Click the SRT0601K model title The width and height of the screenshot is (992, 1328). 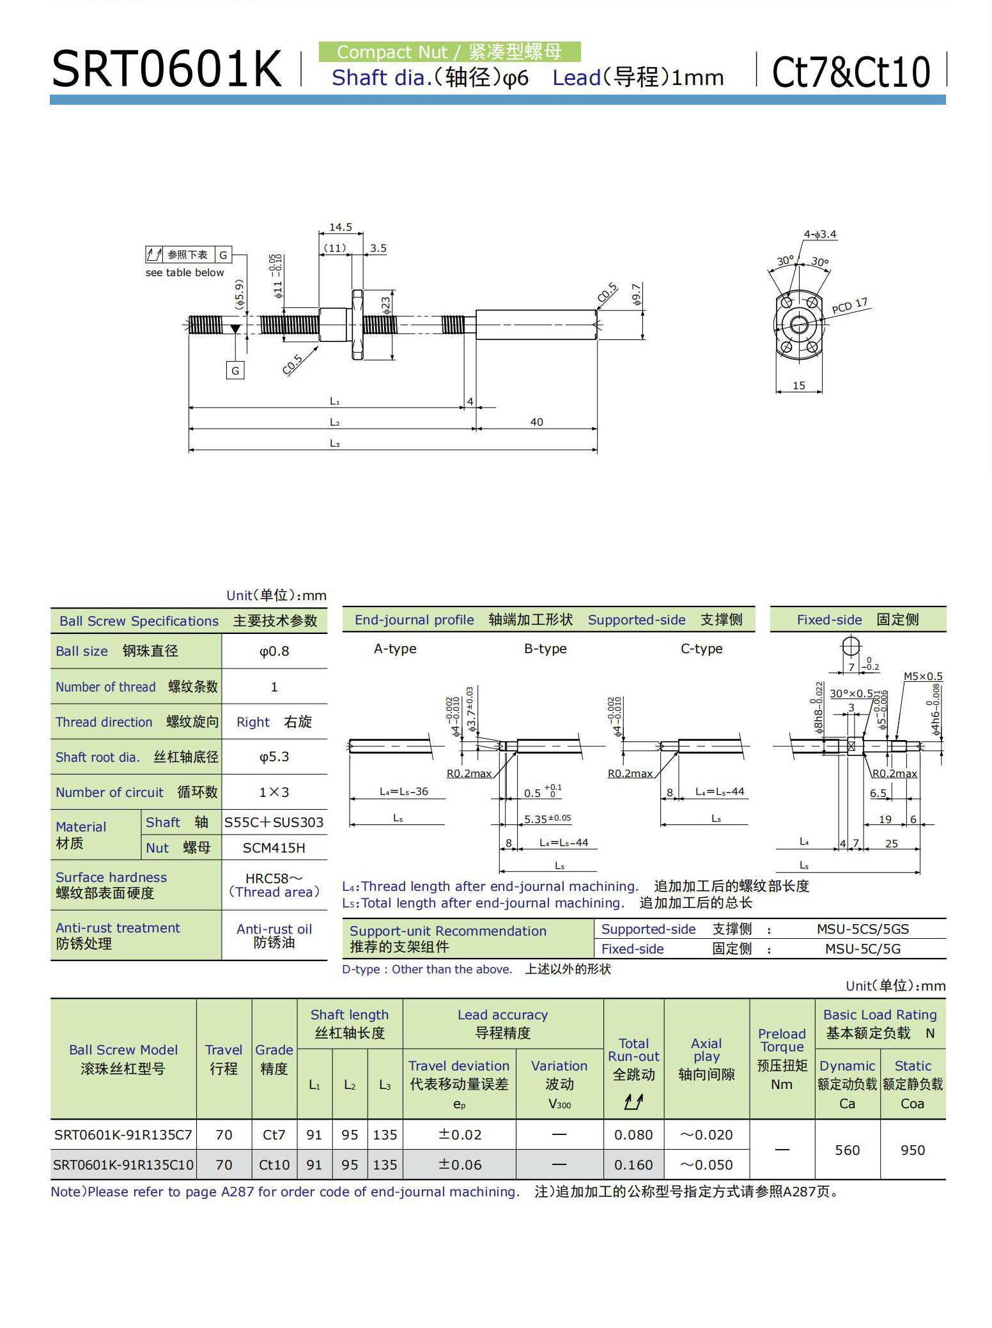[x=166, y=69]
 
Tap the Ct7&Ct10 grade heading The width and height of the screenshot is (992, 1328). [x=851, y=72]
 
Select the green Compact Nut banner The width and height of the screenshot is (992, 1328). [x=449, y=52]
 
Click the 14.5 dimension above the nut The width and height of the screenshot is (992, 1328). [x=341, y=227]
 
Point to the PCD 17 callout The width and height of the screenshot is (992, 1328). [x=849, y=305]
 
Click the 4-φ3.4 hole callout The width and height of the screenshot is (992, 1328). [x=820, y=235]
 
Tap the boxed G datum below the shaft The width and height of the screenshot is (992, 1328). [x=235, y=370]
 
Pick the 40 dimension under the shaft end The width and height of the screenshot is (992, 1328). [x=536, y=422]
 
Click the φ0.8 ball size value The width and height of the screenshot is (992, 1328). [x=274, y=651]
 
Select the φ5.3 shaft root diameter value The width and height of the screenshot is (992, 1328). [x=274, y=757]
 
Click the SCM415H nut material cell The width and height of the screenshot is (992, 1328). [x=274, y=847]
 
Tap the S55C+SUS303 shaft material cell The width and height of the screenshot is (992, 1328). [x=274, y=822]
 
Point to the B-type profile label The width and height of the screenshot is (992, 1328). [x=545, y=649]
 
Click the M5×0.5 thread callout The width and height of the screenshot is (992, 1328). [x=922, y=676]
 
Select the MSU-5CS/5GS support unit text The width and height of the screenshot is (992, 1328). [x=862, y=929]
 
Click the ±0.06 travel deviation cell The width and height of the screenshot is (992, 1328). [x=460, y=1164]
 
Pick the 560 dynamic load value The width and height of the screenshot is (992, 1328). [x=847, y=1150]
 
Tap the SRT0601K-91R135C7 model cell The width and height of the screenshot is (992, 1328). [x=123, y=1134]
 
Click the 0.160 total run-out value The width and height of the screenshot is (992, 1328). [x=633, y=1164]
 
